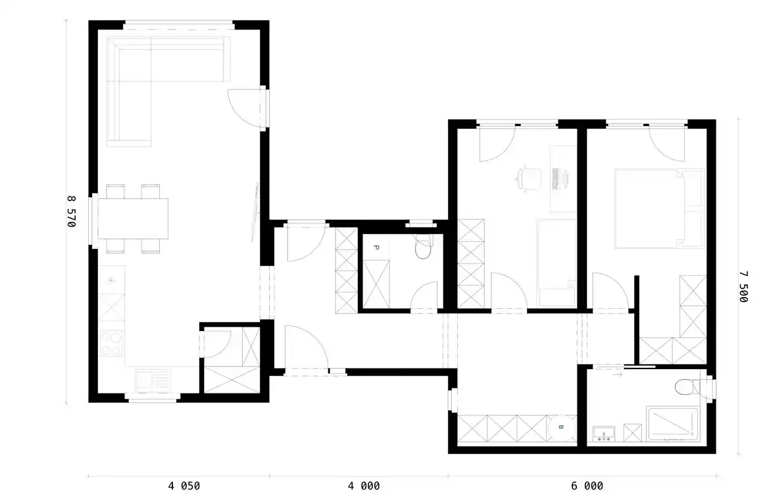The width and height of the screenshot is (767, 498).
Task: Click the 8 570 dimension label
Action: click(x=72, y=211)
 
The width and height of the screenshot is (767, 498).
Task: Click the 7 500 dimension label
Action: click(x=743, y=286)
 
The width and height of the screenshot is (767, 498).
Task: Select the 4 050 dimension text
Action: click(x=184, y=486)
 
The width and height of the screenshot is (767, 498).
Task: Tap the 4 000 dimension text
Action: click(x=364, y=486)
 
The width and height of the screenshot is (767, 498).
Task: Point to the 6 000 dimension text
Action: click(x=587, y=486)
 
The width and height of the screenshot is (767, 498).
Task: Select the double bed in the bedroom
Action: click(x=659, y=209)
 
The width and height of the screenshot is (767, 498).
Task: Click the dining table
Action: click(x=133, y=219)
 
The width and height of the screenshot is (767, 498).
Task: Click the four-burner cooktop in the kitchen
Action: click(x=112, y=344)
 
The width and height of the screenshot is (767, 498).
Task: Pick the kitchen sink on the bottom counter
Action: click(x=153, y=380)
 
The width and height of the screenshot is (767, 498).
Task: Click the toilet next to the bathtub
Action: click(x=693, y=388)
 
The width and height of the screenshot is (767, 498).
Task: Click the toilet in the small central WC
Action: click(x=422, y=247)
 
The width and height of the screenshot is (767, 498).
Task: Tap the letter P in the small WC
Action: click(x=376, y=248)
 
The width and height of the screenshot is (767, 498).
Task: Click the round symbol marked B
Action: click(x=561, y=428)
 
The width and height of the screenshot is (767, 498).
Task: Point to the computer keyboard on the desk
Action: click(x=556, y=179)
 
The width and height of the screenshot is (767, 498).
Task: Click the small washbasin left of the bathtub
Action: click(x=604, y=434)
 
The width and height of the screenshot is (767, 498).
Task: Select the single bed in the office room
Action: click(x=556, y=263)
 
